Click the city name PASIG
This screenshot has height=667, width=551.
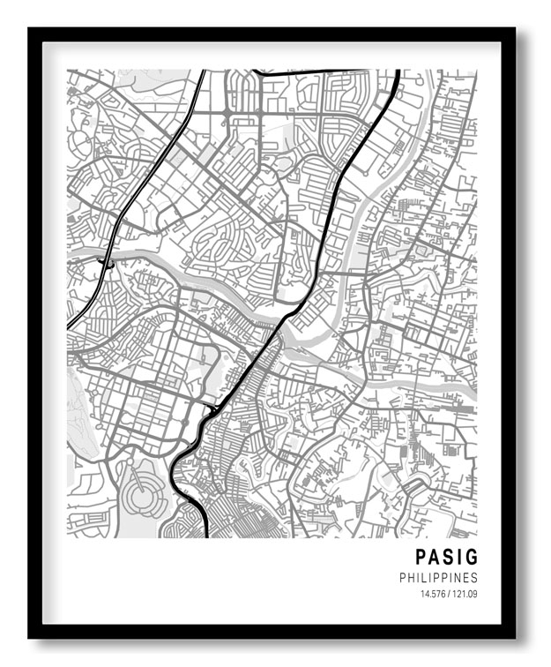pos(446,558)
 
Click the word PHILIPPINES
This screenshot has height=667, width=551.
pos(438,578)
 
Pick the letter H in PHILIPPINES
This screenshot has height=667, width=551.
pos(412,578)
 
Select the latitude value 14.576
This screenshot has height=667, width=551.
pos(434,594)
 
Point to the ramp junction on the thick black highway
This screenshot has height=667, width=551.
pos(212,409)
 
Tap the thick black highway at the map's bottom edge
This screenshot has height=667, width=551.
pos(205,535)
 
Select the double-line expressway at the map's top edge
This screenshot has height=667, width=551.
pos(203,72)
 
